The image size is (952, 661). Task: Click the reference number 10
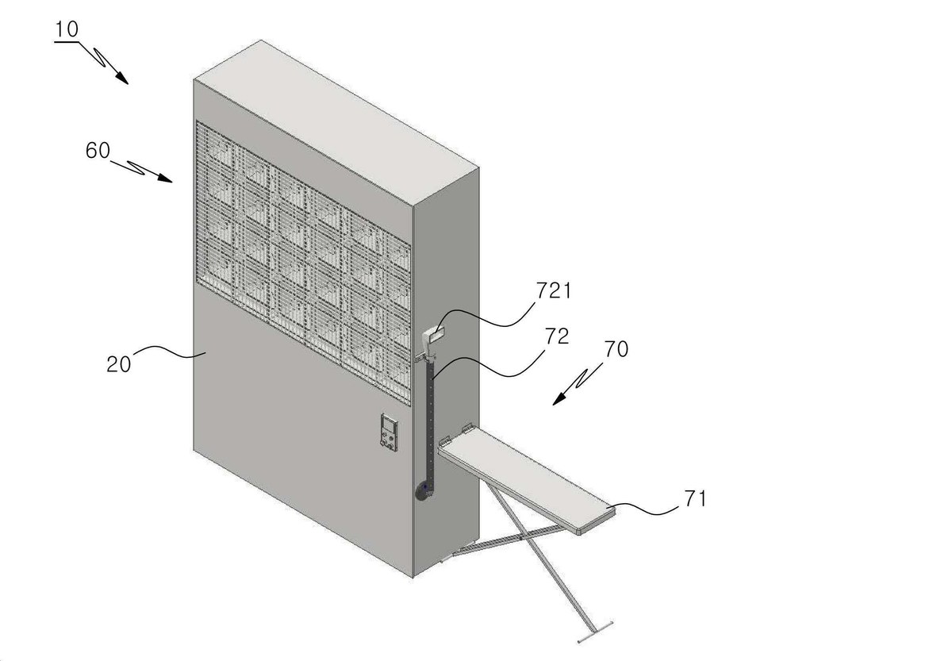click(67, 29)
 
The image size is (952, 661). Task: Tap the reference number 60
click(98, 151)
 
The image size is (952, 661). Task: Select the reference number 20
click(118, 365)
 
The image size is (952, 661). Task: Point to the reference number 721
click(554, 291)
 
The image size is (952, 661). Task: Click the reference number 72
click(557, 336)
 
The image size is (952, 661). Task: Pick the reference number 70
click(616, 349)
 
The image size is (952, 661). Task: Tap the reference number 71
click(695, 498)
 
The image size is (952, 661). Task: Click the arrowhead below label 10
click(122, 79)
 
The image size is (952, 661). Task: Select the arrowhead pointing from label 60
click(165, 178)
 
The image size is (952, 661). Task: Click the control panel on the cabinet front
click(390, 432)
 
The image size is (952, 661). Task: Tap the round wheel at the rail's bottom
click(422, 494)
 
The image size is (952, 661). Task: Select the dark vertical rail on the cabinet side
click(430, 425)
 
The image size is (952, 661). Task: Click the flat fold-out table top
click(527, 479)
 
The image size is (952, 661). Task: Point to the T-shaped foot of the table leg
click(595, 632)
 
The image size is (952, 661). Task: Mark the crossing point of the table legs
click(521, 538)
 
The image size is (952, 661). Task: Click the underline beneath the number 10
click(67, 42)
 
